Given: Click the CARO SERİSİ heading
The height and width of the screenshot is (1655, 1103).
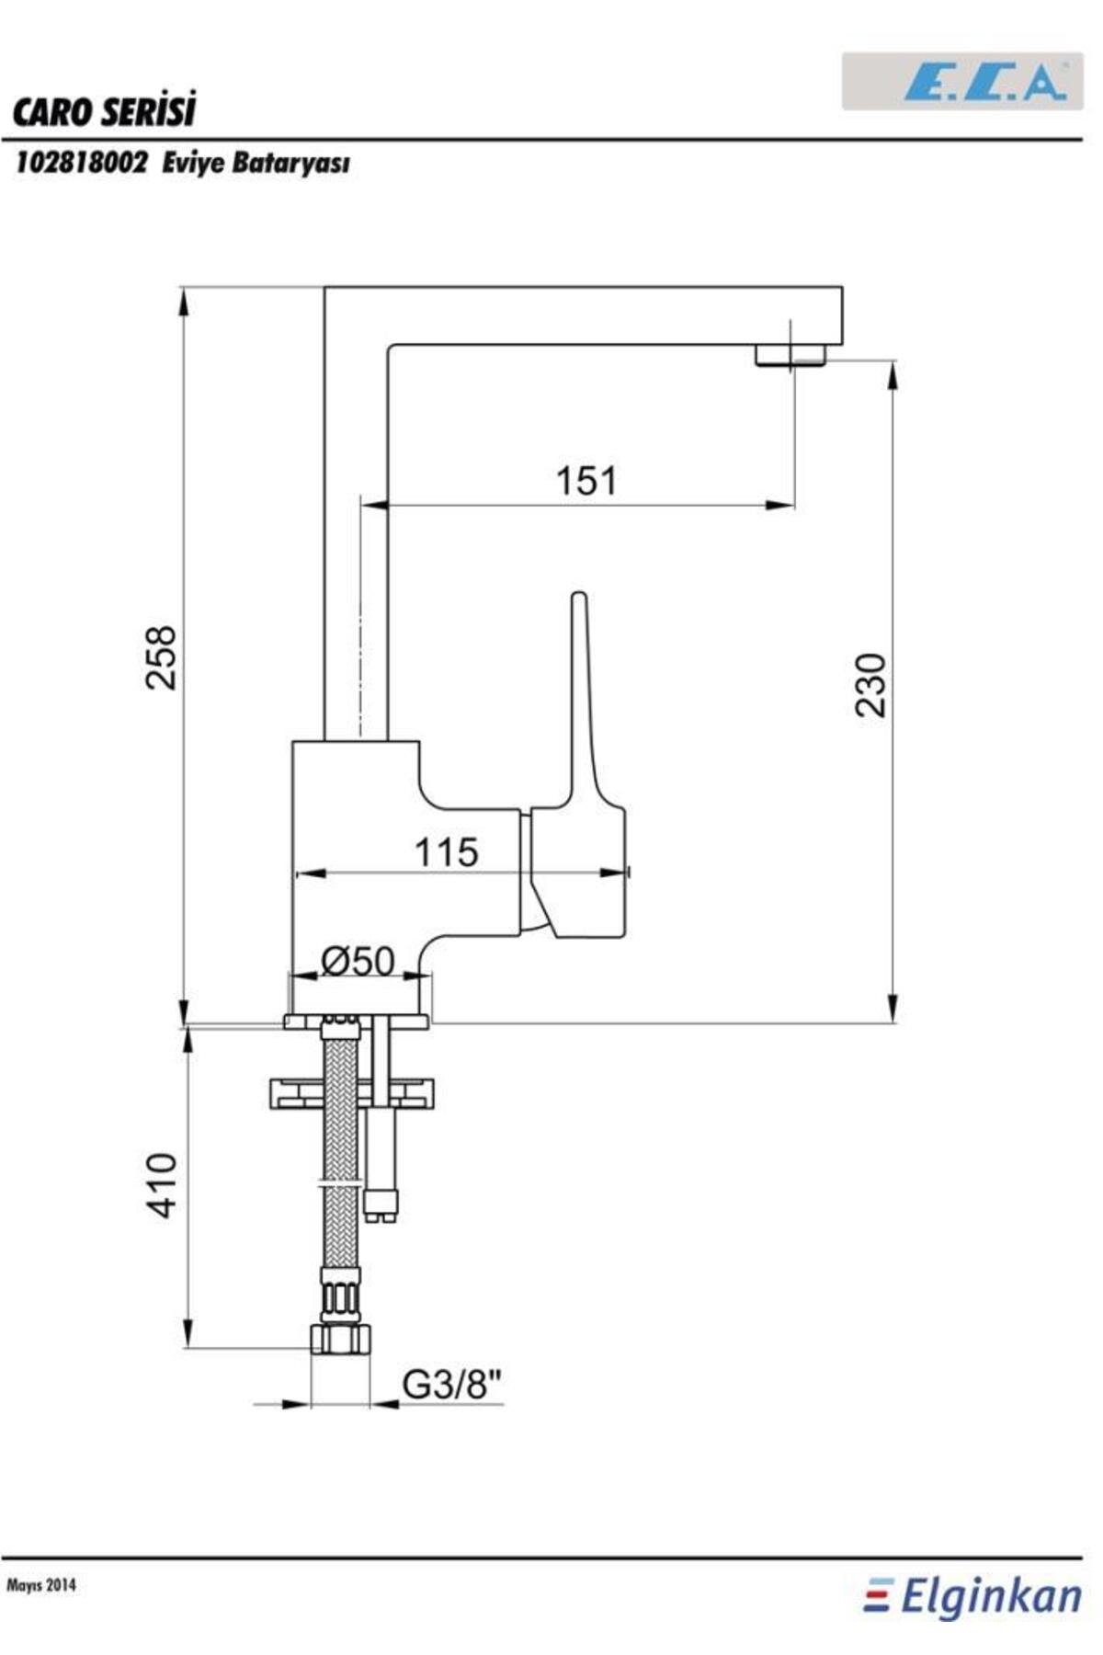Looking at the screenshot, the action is pos(104,112).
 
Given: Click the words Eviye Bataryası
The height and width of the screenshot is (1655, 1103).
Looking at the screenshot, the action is pos(256,165).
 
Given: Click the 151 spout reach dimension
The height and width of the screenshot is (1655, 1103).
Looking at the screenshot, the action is pos(586,480).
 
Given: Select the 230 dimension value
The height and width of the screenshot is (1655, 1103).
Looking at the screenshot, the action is pos(870,684).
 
